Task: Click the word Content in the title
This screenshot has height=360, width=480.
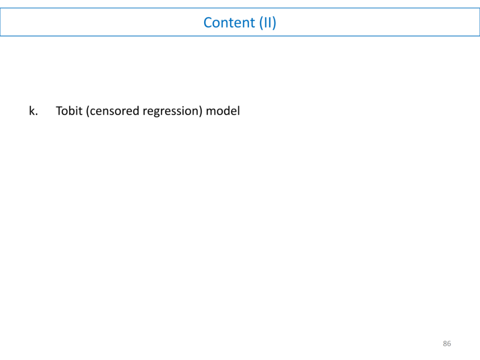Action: pos(229,22)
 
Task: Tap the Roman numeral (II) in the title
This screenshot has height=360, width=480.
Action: pos(267,22)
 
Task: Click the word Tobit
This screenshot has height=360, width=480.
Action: pos(69,111)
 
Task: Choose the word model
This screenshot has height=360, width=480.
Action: pos(223,111)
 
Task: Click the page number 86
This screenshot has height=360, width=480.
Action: pos(447,344)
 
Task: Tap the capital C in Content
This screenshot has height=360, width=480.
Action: pos(208,22)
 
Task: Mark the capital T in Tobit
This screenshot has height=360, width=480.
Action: pos(59,111)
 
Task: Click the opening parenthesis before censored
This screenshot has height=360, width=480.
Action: pos(88,111)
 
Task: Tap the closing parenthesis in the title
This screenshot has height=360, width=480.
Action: pos(274,23)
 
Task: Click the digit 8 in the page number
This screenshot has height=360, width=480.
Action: pos(445,344)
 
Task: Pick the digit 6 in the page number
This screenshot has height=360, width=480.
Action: pos(449,344)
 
